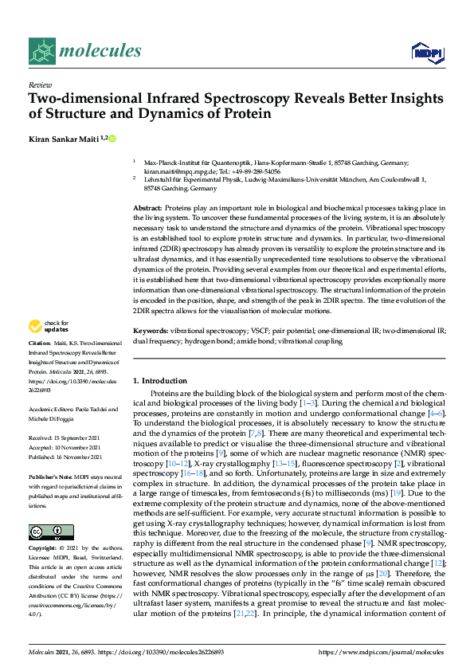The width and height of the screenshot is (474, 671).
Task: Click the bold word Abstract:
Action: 147,208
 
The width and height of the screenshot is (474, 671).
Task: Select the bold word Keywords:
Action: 151,330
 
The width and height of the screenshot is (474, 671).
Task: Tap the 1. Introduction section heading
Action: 160,381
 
